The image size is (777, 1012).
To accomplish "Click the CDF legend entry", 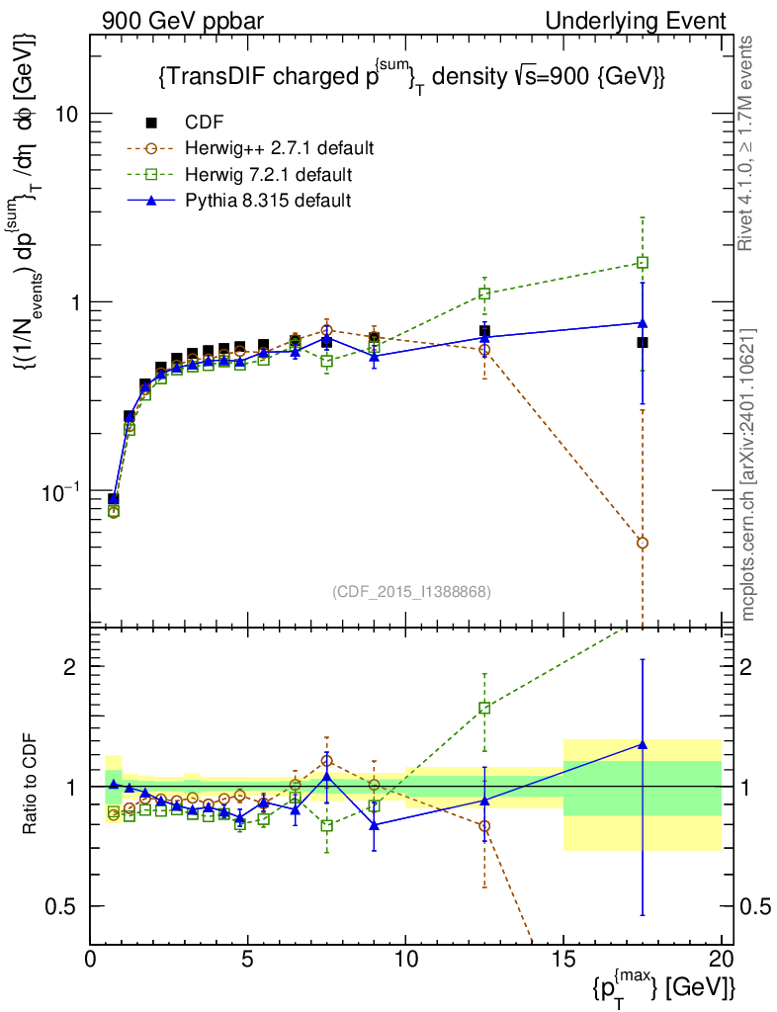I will tap(205, 123).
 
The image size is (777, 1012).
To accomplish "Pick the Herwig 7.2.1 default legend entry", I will tap(268, 175).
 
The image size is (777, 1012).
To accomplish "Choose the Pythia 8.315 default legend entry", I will tap(268, 201).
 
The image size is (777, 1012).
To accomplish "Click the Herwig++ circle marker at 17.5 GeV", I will tap(643, 543).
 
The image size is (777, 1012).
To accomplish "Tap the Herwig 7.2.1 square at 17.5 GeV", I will tap(643, 263).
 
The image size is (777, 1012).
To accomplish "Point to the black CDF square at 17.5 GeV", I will tap(643, 342).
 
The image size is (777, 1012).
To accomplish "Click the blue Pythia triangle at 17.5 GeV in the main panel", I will tap(643, 322).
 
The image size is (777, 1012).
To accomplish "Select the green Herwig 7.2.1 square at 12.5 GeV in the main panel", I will tap(484, 294).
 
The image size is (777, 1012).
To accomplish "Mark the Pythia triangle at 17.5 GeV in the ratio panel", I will tap(643, 744).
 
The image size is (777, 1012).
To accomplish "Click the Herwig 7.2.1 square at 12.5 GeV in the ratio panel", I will tap(484, 708).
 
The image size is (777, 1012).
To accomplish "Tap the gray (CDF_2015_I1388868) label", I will tap(412, 591).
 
